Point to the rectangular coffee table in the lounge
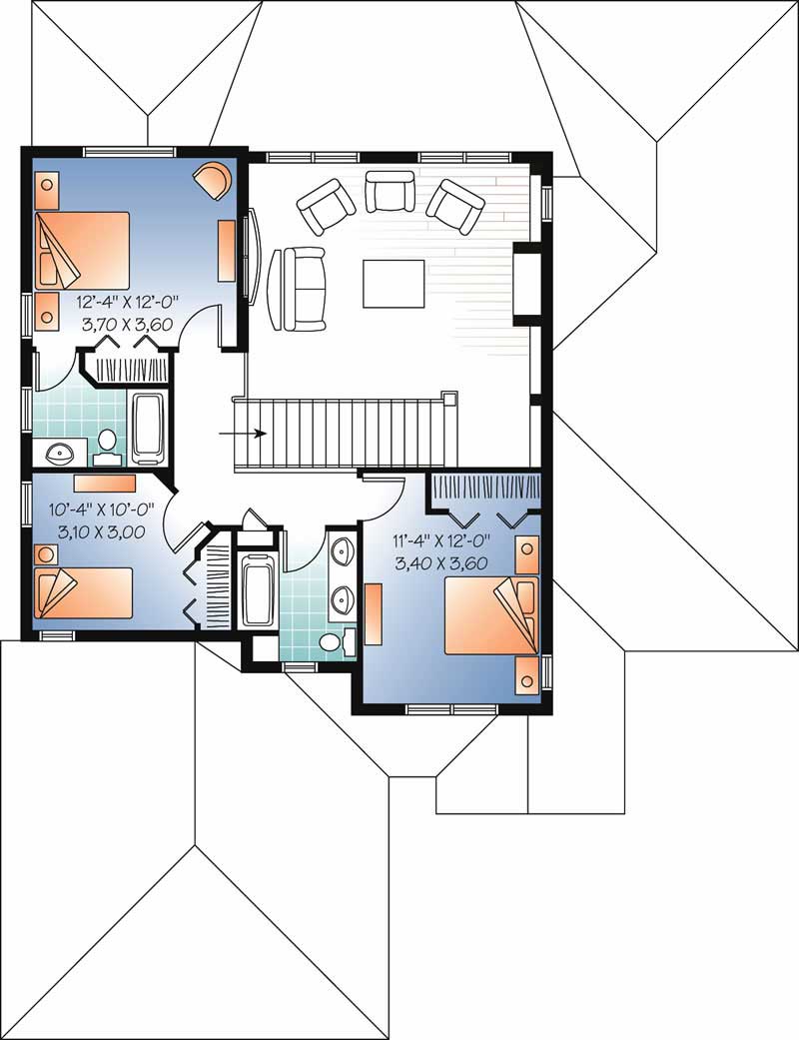click(x=393, y=283)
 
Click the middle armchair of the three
click(x=390, y=192)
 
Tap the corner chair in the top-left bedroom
click(x=215, y=180)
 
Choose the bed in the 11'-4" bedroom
click(x=491, y=614)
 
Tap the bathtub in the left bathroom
click(x=148, y=430)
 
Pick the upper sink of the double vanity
click(x=343, y=551)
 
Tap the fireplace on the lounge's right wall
click(x=526, y=284)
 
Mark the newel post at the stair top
click(x=450, y=398)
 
